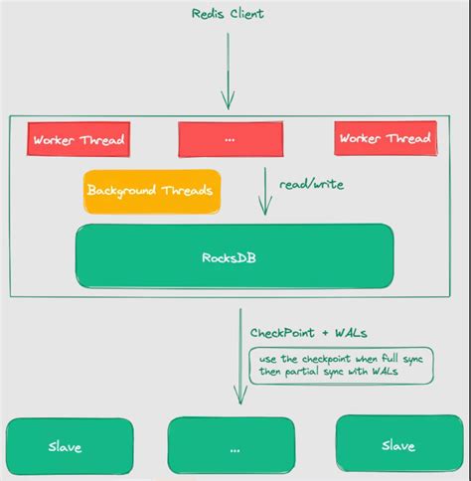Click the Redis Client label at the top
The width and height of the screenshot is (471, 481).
(x=229, y=14)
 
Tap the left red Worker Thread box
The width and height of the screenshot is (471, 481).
(x=78, y=139)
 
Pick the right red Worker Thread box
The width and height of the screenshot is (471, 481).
(x=386, y=139)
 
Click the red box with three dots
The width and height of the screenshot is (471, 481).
(x=230, y=139)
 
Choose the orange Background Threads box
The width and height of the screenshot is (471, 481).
(x=152, y=191)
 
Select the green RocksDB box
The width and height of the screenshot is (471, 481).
(x=235, y=255)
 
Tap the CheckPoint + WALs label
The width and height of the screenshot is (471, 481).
(x=303, y=330)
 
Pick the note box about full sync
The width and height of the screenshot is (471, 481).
(x=341, y=365)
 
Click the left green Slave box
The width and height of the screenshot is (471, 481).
(x=67, y=445)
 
